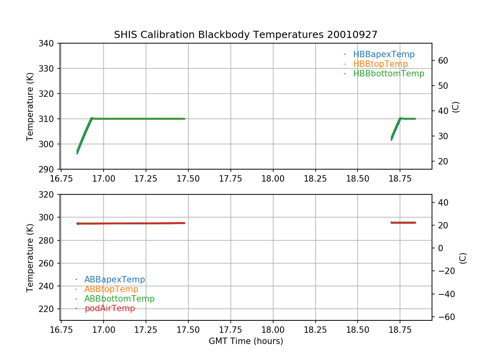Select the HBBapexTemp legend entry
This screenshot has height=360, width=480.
pyautogui.click(x=384, y=54)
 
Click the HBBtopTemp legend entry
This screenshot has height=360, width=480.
pyautogui.click(x=380, y=64)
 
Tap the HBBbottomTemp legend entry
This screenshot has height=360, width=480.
pyautogui.click(x=388, y=74)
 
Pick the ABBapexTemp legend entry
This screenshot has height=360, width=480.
pyautogui.click(x=114, y=280)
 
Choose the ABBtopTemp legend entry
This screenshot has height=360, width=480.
pyautogui.click(x=111, y=289)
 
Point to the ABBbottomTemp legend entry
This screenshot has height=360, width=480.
pyautogui.click(x=119, y=299)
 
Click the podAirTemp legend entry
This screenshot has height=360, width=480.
pyautogui.click(x=110, y=308)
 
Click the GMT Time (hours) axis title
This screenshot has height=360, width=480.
pyautogui.click(x=246, y=341)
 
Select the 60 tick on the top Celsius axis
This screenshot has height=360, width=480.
pyautogui.click(x=442, y=61)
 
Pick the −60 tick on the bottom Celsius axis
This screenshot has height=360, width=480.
pyautogui.click(x=444, y=317)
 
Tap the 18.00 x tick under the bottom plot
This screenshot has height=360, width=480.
pyautogui.click(x=273, y=330)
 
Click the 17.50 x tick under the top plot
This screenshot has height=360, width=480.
pyautogui.click(x=188, y=178)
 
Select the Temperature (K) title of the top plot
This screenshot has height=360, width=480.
pyautogui.click(x=30, y=106)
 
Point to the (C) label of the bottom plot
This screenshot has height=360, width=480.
pyautogui.click(x=463, y=258)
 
